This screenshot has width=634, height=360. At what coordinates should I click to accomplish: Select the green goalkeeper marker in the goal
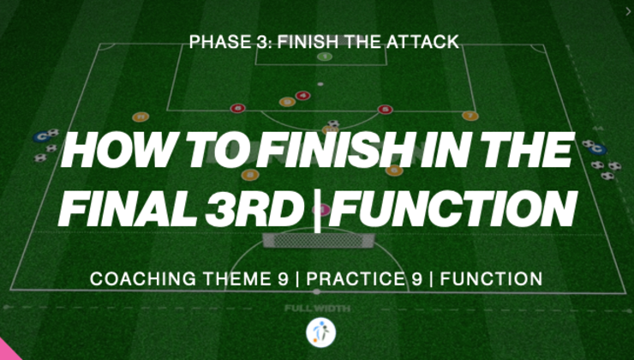coord(324,57)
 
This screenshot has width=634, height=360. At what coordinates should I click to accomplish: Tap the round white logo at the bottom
coord(320,333)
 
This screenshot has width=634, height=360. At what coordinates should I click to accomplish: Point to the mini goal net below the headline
coord(317,239)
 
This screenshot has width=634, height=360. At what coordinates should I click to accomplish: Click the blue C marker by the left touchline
coord(40,136)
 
